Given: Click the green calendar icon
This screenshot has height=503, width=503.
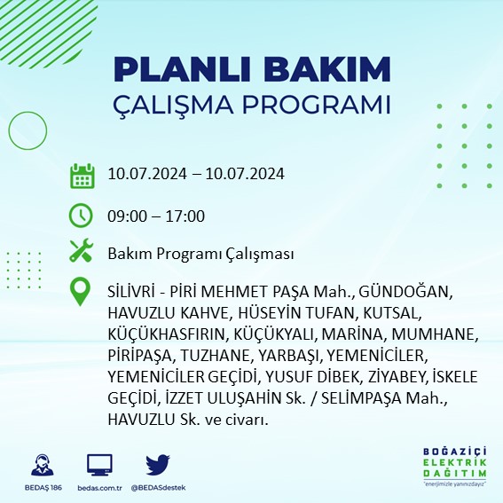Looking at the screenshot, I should click(x=82, y=175).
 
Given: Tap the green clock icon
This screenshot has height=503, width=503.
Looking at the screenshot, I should click(x=82, y=215).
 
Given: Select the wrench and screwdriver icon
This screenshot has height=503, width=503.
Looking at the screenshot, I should click(x=82, y=253).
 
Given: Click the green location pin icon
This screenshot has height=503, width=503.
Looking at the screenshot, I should click(x=82, y=293).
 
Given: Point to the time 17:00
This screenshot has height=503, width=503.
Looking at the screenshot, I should click(x=186, y=216).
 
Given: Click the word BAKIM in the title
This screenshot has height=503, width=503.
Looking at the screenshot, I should click(x=334, y=69).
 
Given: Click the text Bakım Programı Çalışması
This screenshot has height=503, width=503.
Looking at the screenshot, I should click(x=200, y=255).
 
